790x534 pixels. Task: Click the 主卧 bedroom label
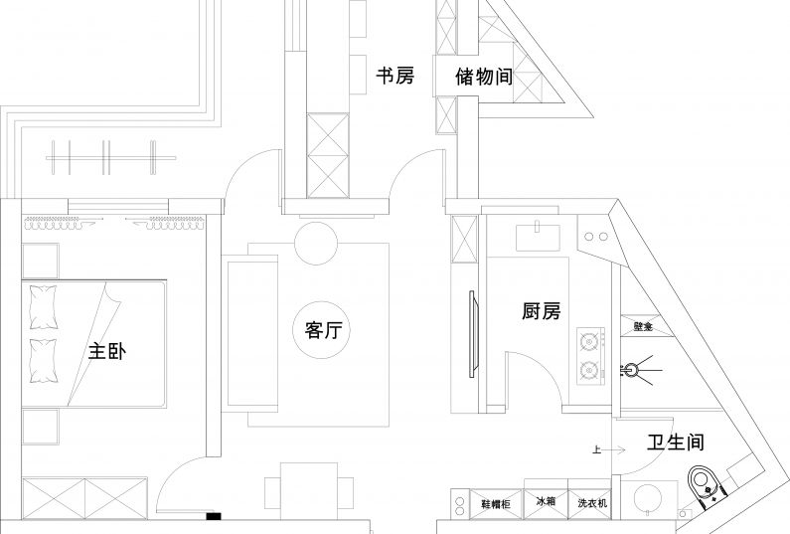click(107, 352)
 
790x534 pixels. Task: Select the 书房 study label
click(395, 76)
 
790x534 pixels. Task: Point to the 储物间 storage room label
click(483, 76)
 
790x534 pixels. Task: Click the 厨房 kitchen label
click(542, 311)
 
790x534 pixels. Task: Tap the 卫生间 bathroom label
click(676, 443)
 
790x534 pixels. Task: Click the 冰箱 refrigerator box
click(546, 503)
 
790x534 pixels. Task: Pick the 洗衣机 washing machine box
click(593, 504)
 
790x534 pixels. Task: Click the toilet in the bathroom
click(707, 486)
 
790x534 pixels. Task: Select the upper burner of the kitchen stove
click(588, 341)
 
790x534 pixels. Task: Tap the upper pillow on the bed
click(44, 307)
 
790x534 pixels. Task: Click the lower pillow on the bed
click(44, 360)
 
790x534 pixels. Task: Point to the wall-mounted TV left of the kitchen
click(472, 333)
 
